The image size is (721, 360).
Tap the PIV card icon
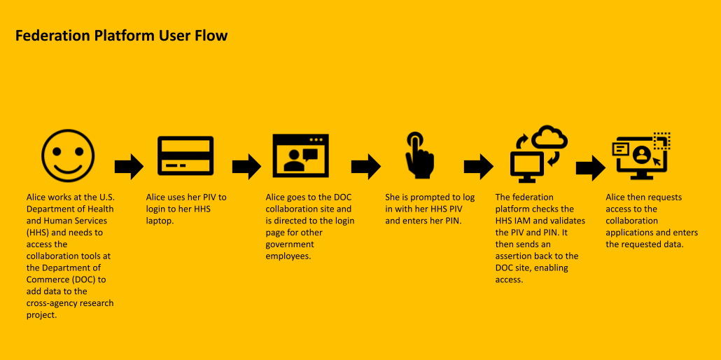[185, 155]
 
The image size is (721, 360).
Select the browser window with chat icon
[300, 155]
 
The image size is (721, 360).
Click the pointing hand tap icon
[419, 155]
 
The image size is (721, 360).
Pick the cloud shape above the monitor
[549, 137]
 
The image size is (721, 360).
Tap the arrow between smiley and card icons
[129, 167]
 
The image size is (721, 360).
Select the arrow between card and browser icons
[246, 167]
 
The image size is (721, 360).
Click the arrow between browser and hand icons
[365, 167]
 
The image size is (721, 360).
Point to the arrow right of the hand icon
[478, 167]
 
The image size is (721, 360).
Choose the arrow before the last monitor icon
[590, 167]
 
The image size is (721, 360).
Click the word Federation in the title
[53, 36]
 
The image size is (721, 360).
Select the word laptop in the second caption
[161, 221]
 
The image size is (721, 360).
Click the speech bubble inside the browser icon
[310, 153]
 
